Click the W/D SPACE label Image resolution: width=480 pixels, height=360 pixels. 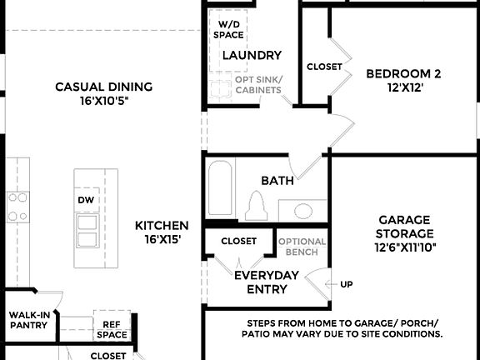[x=228, y=29]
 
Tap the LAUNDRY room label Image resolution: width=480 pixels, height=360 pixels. [x=252, y=55]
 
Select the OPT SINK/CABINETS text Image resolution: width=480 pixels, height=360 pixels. [x=258, y=84]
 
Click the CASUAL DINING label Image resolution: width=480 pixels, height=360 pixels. [x=104, y=92]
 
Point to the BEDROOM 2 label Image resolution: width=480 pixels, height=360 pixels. [x=403, y=73]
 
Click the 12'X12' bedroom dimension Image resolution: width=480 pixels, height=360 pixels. [x=403, y=87]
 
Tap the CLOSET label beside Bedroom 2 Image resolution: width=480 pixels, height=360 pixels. [x=324, y=67]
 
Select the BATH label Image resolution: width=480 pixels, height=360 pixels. [x=277, y=180]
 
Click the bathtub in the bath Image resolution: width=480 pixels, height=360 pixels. [x=219, y=189]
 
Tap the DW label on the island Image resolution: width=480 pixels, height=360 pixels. [x=86, y=201]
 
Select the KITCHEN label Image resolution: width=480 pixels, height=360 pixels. [x=162, y=232]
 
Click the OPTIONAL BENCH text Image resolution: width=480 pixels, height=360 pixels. [x=301, y=246]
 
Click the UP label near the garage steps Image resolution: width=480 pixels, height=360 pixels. [x=346, y=284]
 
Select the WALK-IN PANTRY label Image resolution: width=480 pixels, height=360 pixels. [x=28, y=320]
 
